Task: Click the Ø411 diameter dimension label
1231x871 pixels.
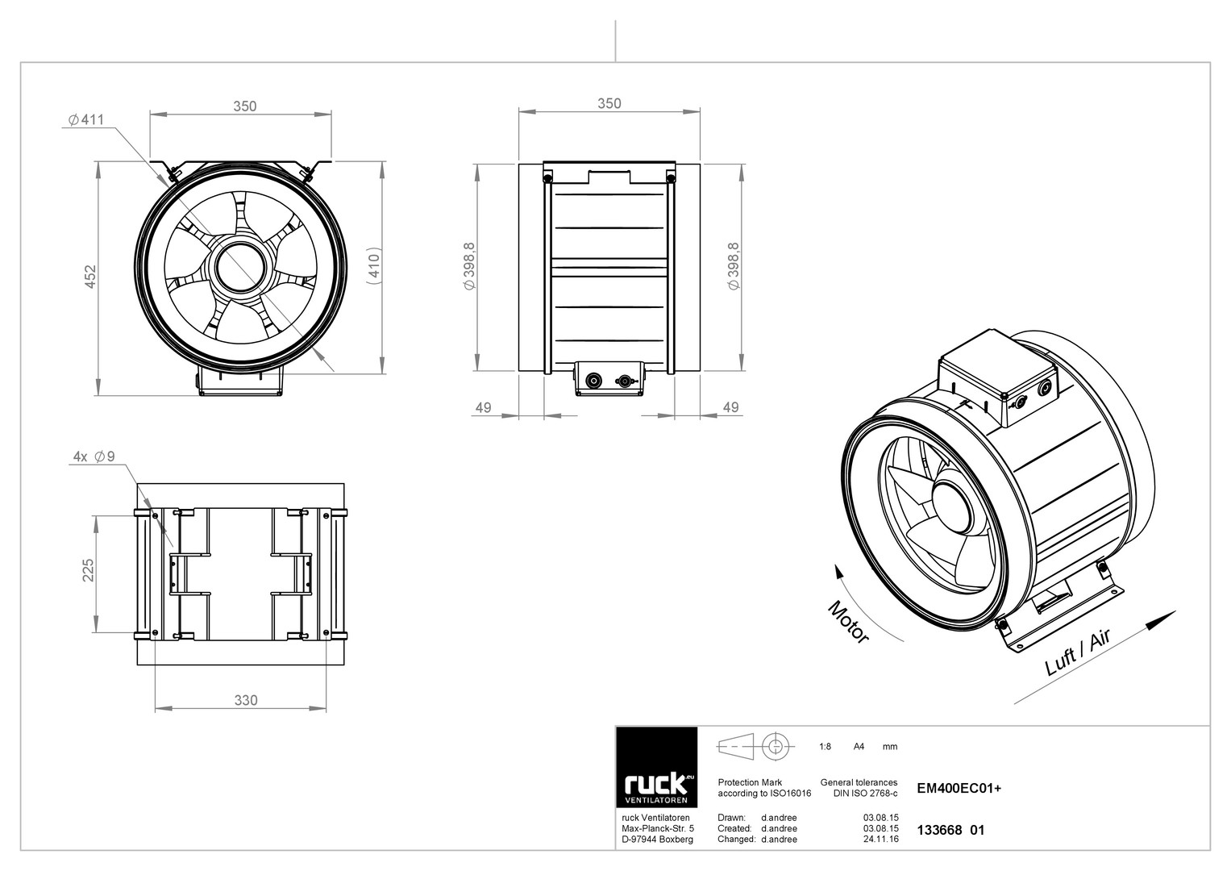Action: pyautogui.click(x=85, y=119)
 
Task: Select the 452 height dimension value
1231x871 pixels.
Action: pyautogui.click(x=90, y=277)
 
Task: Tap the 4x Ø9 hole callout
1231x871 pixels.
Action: pyautogui.click(x=94, y=456)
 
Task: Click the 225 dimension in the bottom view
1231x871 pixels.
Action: pyautogui.click(x=88, y=570)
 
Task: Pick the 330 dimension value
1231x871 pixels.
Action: pyautogui.click(x=246, y=700)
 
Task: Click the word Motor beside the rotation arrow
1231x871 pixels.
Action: pyautogui.click(x=849, y=622)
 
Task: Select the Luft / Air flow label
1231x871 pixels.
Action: pyautogui.click(x=1078, y=652)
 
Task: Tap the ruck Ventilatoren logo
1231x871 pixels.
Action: pyautogui.click(x=657, y=767)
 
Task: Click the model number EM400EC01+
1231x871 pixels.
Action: pyautogui.click(x=959, y=789)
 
